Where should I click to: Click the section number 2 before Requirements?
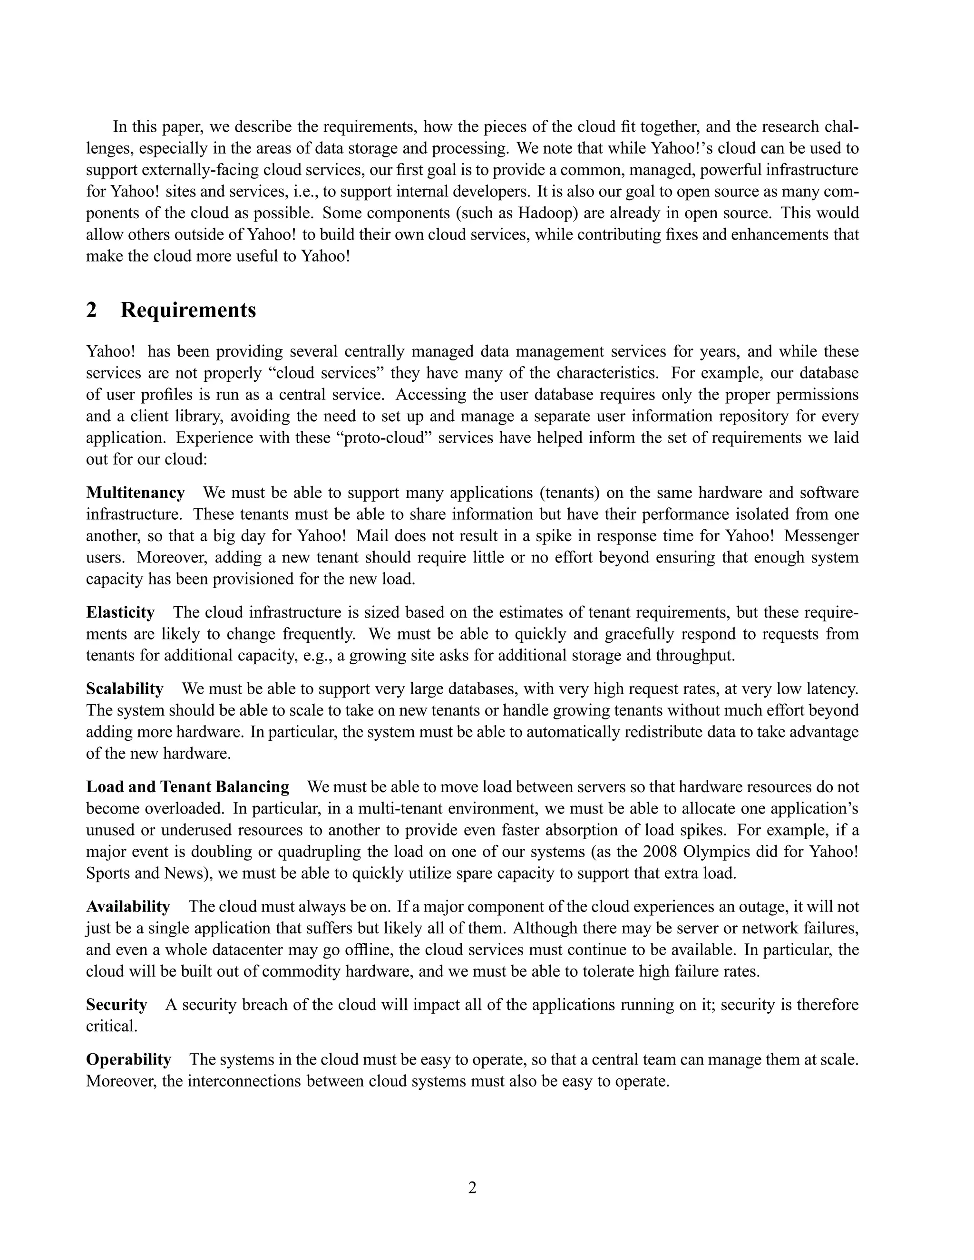pos(91,310)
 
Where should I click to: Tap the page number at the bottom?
pos(472,1187)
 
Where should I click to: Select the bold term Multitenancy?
pos(135,493)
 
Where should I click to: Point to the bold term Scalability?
pos(125,689)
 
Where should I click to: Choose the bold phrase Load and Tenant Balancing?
pos(187,787)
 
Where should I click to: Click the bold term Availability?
pos(128,906)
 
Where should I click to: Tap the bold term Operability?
pos(129,1060)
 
